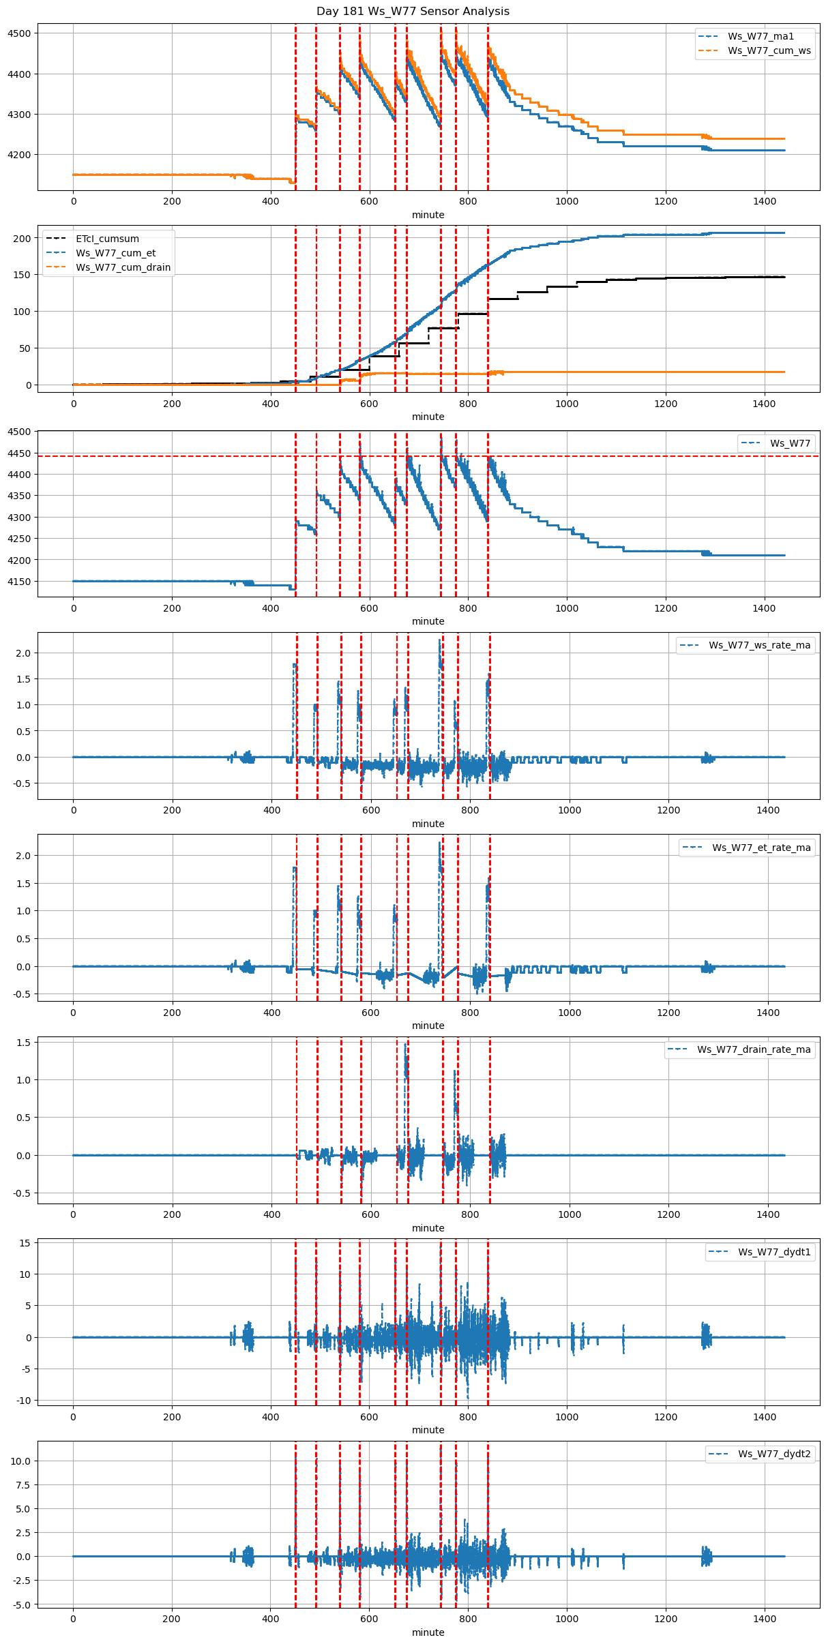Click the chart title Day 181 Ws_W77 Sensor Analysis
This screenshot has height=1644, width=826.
click(413, 12)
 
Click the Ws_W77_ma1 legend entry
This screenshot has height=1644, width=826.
click(761, 36)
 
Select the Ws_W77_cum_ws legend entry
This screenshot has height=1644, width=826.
click(769, 50)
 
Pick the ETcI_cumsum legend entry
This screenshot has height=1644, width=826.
click(107, 239)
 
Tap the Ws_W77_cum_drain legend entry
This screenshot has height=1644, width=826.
click(123, 267)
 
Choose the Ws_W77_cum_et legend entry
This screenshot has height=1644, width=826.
click(115, 253)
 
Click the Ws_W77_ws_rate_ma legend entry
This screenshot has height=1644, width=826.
click(759, 645)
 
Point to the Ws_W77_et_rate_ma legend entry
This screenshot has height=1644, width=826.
click(761, 848)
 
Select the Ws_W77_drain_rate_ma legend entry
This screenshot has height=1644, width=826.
click(754, 1049)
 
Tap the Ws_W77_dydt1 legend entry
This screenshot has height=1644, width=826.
click(774, 1252)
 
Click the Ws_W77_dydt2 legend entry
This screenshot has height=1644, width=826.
click(774, 1454)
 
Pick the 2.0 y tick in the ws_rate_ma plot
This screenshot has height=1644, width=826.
click(25, 653)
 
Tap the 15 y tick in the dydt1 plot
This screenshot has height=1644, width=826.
click(25, 1243)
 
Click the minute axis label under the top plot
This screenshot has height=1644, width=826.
click(428, 215)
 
